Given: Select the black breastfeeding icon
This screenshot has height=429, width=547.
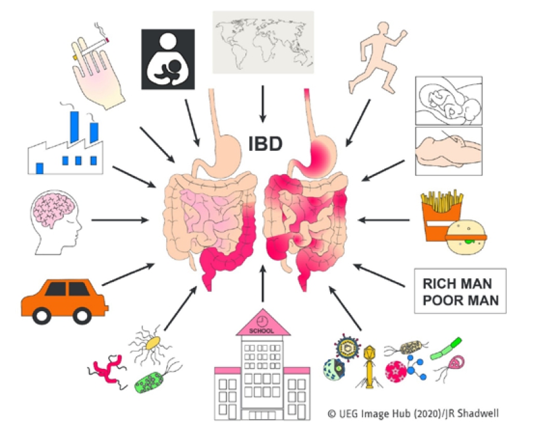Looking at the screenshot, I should pyautogui.click(x=167, y=59).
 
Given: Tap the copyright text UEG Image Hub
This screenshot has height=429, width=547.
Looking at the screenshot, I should pyautogui.click(x=395, y=414).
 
